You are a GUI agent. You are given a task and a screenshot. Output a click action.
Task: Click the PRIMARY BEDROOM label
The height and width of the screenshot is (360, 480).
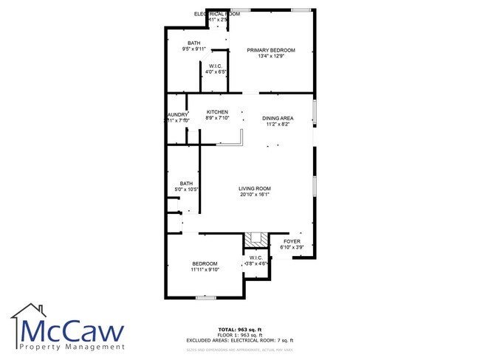(x=276, y=50)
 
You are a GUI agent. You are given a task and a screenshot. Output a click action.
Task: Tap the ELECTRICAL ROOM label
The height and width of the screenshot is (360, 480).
(x=217, y=14)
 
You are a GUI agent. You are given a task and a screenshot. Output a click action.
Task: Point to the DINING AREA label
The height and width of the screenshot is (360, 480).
(x=278, y=118)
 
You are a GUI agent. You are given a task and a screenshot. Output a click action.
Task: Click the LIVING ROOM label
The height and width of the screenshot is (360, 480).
(x=254, y=189)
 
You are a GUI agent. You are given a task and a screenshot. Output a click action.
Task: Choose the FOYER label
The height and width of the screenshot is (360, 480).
(x=292, y=241)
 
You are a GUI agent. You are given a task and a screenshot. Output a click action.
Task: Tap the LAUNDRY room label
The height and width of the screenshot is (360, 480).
(x=177, y=114)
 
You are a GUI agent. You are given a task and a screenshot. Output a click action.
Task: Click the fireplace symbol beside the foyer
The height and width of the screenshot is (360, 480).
(x=258, y=239)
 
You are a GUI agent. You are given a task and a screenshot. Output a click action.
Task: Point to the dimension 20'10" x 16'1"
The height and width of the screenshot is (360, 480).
(x=254, y=195)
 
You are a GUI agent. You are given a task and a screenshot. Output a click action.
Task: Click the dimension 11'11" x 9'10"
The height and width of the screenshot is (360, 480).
(x=205, y=270)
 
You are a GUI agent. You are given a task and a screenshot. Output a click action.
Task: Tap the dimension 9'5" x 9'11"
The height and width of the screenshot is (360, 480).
(x=194, y=49)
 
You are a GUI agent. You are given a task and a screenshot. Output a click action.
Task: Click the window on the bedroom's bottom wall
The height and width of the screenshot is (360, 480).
(x=205, y=297)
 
